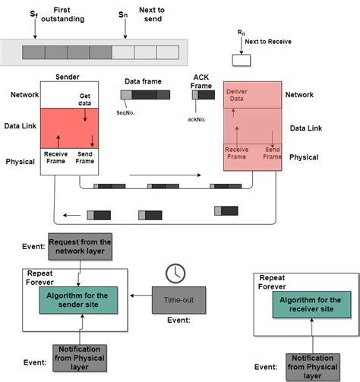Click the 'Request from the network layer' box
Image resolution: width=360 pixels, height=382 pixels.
[80, 247]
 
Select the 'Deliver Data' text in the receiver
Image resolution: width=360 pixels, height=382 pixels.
[237, 96]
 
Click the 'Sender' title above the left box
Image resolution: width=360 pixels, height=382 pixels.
[68, 77]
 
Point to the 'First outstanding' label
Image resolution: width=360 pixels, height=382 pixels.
[56, 14]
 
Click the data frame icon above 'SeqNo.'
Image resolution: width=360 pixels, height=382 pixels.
[144, 95]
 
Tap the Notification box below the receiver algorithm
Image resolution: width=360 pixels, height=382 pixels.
[312, 366]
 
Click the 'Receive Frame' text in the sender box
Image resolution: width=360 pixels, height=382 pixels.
[56, 158]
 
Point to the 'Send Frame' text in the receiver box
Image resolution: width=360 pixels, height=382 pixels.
[272, 153]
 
